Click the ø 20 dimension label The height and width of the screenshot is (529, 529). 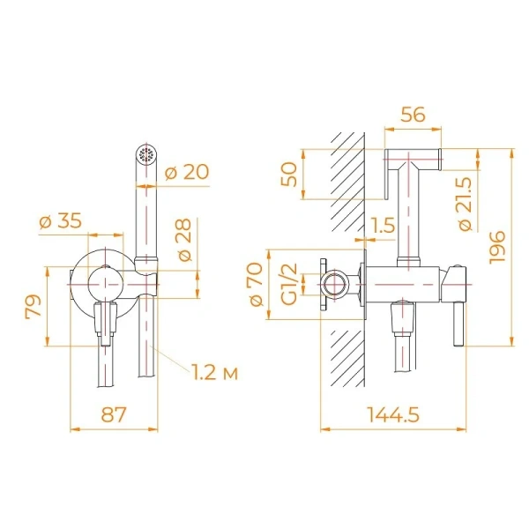tap(188, 173)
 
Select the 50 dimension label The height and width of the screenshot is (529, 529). tap(287, 174)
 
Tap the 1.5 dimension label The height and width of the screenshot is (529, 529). tap(381, 226)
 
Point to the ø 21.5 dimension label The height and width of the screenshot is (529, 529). tap(467, 204)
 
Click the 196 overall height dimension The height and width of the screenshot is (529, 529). tap(496, 249)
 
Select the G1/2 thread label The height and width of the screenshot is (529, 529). tap(287, 284)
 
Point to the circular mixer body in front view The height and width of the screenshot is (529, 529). tap(104, 282)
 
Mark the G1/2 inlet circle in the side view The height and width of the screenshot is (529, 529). tap(333, 284)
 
